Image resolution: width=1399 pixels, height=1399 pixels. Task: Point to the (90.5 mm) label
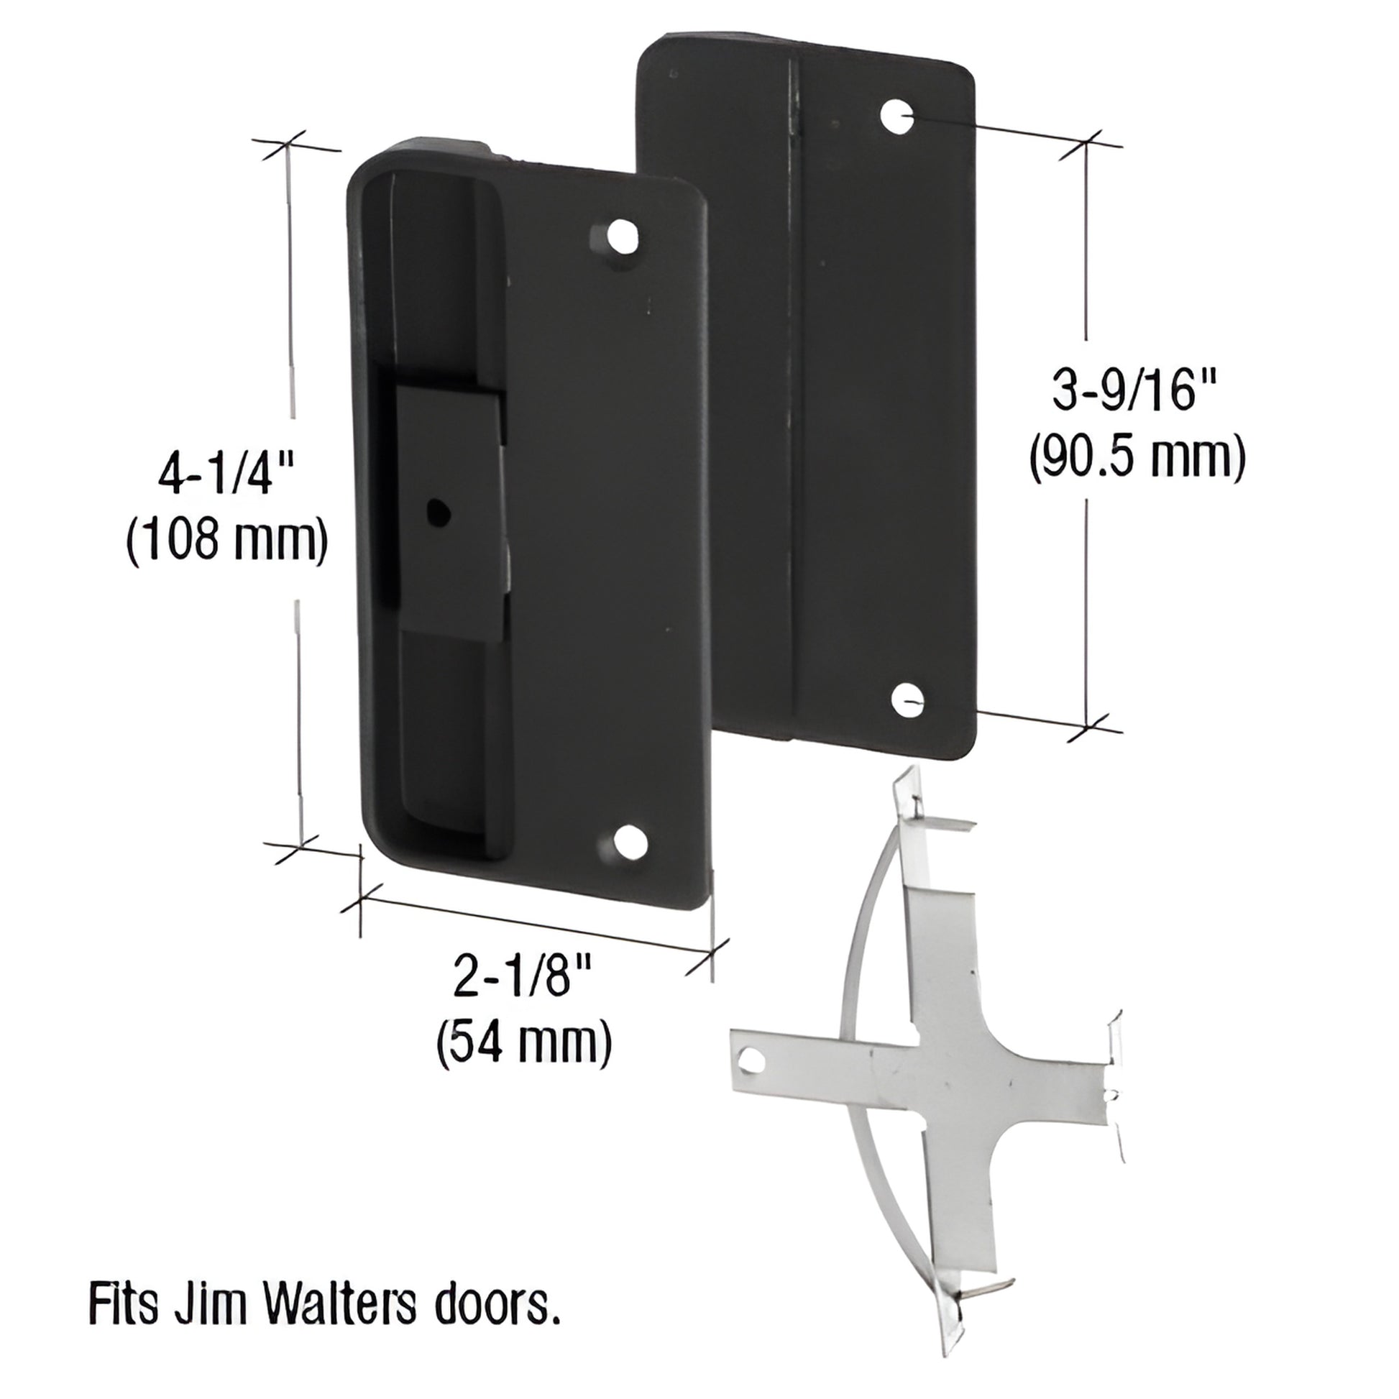pyautogui.click(x=1137, y=458)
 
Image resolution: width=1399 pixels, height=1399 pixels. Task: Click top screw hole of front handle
pyautogui.click(x=622, y=237)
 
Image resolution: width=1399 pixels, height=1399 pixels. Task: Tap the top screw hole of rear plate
pyautogui.click(x=896, y=116)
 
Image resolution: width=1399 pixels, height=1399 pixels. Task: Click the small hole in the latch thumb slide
pyautogui.click(x=436, y=512)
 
